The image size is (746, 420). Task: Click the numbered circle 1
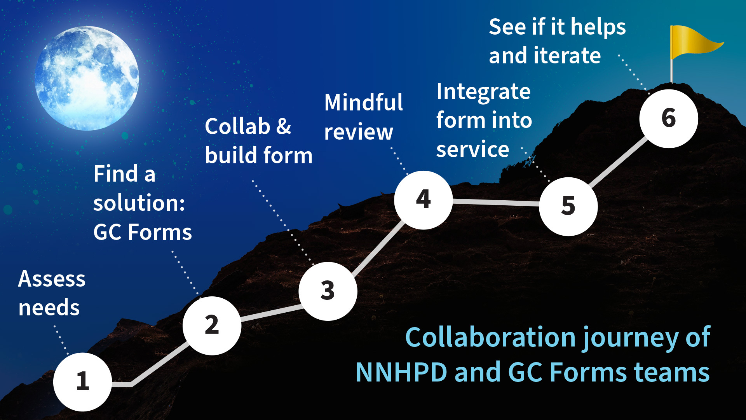(x=83, y=382)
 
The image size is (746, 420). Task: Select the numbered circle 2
(x=212, y=325)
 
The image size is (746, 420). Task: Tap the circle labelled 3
(x=328, y=291)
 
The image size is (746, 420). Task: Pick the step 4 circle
(x=424, y=200)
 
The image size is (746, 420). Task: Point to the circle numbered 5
(x=568, y=206)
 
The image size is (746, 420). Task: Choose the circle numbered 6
(x=669, y=119)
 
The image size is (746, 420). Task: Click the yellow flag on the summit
(x=695, y=43)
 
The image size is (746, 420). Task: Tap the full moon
(x=87, y=78)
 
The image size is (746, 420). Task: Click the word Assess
(x=52, y=279)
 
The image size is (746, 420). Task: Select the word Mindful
(x=364, y=103)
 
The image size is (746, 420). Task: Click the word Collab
(x=237, y=126)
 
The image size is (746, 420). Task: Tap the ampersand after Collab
(x=284, y=126)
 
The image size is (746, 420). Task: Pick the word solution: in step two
(x=139, y=203)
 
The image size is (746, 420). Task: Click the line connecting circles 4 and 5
(x=496, y=202)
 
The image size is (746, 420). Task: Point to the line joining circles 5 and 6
(x=618, y=162)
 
